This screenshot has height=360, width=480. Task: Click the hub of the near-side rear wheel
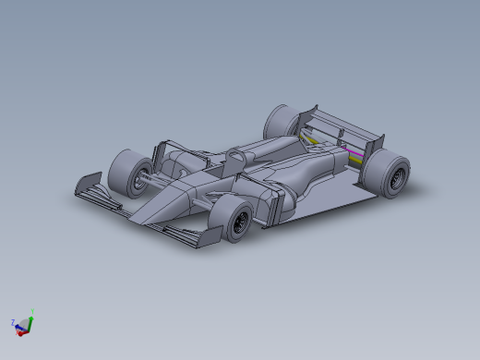pos(398,176)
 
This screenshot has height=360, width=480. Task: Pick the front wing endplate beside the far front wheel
pos(90,184)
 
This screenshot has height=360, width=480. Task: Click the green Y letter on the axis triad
pos(32,311)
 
